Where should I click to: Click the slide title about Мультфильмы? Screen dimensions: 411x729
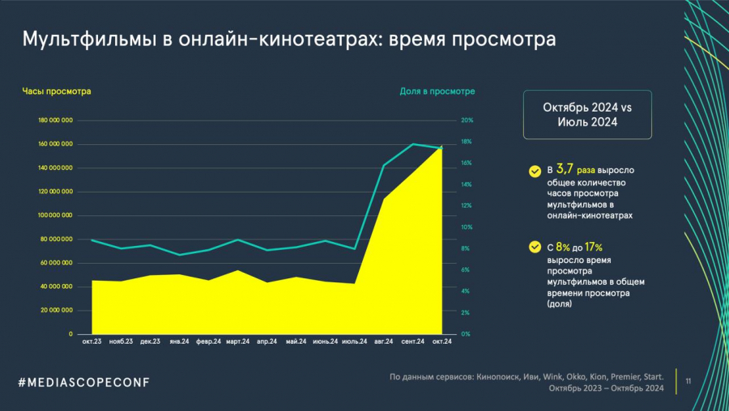click(288, 39)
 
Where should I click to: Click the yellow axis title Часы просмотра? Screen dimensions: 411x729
click(57, 91)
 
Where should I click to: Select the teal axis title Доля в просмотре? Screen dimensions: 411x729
click(437, 91)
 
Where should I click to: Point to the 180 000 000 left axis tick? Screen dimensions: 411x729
click(56, 121)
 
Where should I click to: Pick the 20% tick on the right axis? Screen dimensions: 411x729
click(467, 121)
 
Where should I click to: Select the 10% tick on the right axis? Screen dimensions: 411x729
click(467, 227)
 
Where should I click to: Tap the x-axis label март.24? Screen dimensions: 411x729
click(241, 341)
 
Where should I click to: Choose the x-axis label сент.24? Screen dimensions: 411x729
click(413, 341)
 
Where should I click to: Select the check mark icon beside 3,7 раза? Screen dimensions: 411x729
click(535, 172)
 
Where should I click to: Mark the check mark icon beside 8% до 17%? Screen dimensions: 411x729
click(535, 248)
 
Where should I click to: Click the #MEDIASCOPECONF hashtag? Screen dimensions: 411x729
click(84, 381)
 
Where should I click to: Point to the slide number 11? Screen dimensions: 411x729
click(688, 380)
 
